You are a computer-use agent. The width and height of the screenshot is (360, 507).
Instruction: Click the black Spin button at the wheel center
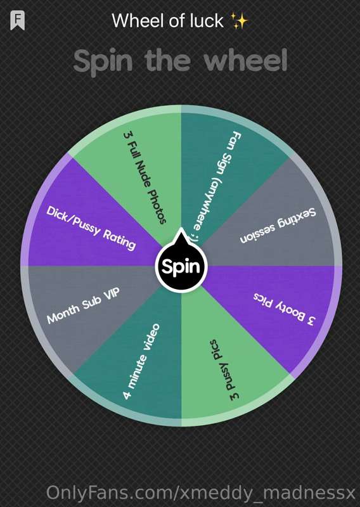tap(181, 266)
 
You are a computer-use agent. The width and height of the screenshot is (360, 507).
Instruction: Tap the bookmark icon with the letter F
tap(17, 20)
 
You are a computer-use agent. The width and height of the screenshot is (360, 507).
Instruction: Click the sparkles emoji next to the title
tap(240, 21)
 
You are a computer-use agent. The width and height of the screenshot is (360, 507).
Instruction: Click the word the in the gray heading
tap(167, 60)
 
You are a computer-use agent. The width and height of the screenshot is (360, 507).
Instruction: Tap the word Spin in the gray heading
tap(103, 62)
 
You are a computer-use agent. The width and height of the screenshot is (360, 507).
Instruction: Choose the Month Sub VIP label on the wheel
tap(83, 305)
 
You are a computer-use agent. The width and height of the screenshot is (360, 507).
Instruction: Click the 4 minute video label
tap(141, 361)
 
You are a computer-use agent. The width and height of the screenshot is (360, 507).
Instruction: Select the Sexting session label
tap(278, 226)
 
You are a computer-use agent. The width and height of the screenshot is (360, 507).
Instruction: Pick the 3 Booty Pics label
tap(284, 309)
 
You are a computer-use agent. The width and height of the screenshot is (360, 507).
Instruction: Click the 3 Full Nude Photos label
tap(145, 177)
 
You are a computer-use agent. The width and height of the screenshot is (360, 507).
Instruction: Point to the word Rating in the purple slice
tap(119, 240)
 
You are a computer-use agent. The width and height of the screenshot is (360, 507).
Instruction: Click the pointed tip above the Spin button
tap(181, 229)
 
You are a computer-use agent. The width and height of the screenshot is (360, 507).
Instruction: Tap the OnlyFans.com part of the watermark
tap(110, 493)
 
